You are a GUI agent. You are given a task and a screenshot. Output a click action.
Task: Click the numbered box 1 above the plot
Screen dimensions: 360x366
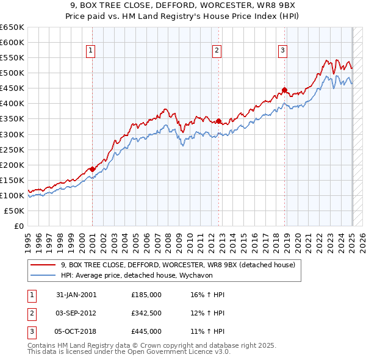tap(90, 51)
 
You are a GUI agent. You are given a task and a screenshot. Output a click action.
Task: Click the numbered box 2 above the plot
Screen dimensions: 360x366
tap(217, 51)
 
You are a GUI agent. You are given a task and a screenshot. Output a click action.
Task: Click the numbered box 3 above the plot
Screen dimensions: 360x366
tap(283, 51)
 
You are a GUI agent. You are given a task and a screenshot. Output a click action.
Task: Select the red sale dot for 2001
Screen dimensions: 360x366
tap(92, 169)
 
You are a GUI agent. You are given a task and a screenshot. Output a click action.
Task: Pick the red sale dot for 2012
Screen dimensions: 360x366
tap(218, 121)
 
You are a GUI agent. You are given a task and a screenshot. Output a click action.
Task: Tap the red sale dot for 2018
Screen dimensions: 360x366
tap(284, 90)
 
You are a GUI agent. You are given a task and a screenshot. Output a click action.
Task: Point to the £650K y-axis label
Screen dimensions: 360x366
tap(12, 27)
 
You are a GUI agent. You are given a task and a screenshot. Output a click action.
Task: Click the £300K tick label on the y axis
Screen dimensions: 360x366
tap(12, 134)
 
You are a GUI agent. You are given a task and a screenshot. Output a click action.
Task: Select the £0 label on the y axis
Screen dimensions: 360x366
tap(19, 226)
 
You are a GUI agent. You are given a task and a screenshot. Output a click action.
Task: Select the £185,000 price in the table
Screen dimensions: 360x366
tap(146, 295)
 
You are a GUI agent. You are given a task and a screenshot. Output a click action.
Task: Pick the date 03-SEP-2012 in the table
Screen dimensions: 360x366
tap(76, 313)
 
